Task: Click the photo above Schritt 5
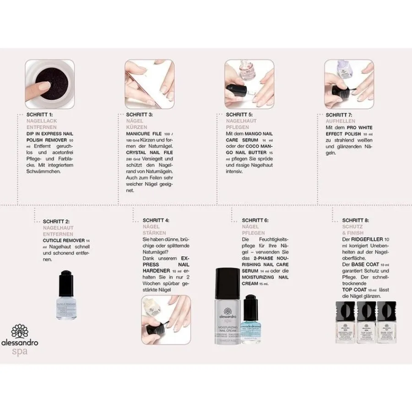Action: [x=249, y=83]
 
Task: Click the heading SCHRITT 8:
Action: [x=355, y=220]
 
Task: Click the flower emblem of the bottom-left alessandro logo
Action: [x=19, y=332]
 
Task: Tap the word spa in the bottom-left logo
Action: [x=19, y=352]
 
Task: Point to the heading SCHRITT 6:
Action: [x=255, y=220]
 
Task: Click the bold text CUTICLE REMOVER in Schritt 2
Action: [x=60, y=240]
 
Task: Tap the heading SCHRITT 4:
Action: [x=156, y=220]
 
